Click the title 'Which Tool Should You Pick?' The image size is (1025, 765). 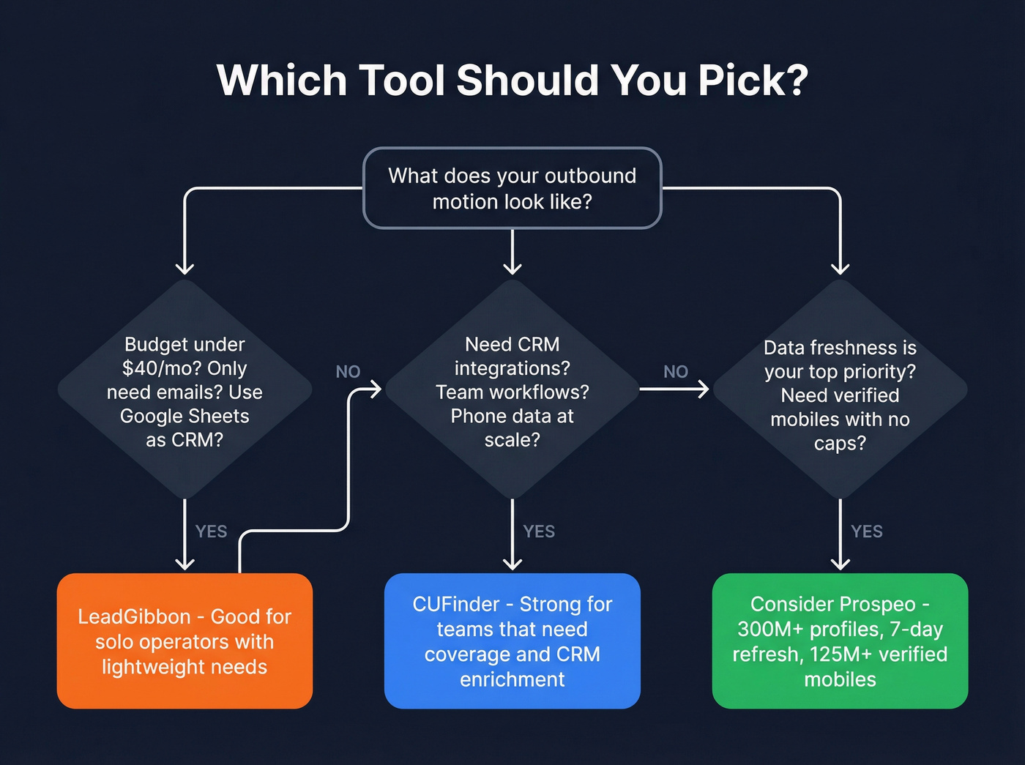pos(512,80)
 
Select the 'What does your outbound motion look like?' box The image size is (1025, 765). pos(512,188)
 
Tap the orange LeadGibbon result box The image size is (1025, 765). pos(184,641)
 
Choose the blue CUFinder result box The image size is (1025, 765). pos(512,641)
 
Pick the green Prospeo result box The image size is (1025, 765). pos(840,641)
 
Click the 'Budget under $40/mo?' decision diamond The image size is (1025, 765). pos(184,391)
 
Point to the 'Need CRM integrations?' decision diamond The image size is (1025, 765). pos(512,391)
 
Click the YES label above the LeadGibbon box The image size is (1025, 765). pos(211,531)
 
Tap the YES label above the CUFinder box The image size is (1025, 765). pos(539,531)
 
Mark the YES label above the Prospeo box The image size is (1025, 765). pos(867,531)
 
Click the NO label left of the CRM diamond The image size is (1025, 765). pos(348,372)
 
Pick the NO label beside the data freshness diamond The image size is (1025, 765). pos(676,372)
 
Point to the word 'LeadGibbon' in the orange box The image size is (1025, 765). pos(134,617)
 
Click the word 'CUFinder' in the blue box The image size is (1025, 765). pos(455,605)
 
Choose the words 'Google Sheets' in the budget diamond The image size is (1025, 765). pos(184,417)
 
